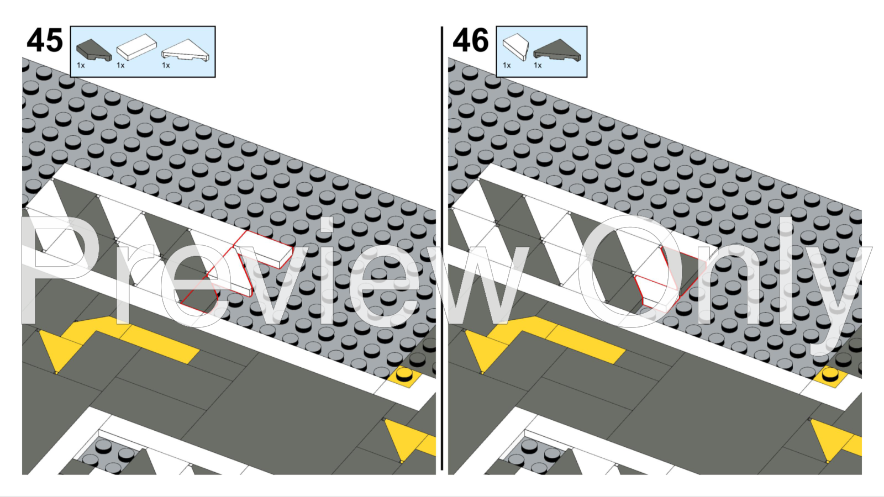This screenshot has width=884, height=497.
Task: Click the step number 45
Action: pyautogui.click(x=45, y=40)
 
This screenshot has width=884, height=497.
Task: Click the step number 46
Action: pyautogui.click(x=471, y=40)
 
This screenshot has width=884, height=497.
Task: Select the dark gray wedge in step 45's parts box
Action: pyautogui.click(x=93, y=50)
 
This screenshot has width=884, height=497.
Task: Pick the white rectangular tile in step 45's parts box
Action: pyautogui.click(x=136, y=47)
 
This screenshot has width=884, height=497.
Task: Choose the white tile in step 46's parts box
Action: pyautogui.click(x=515, y=46)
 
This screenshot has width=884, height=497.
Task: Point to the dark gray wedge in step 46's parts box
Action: pyautogui.click(x=557, y=50)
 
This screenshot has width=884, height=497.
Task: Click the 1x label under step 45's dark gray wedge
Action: pyautogui.click(x=81, y=66)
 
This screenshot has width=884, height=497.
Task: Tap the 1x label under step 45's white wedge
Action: pyautogui.click(x=166, y=66)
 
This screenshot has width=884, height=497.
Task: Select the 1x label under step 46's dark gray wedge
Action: pyautogui.click(x=538, y=66)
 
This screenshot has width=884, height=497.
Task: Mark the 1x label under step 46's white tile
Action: pyautogui.click(x=507, y=66)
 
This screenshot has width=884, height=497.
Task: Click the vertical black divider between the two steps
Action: pyautogui.click(x=442, y=248)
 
